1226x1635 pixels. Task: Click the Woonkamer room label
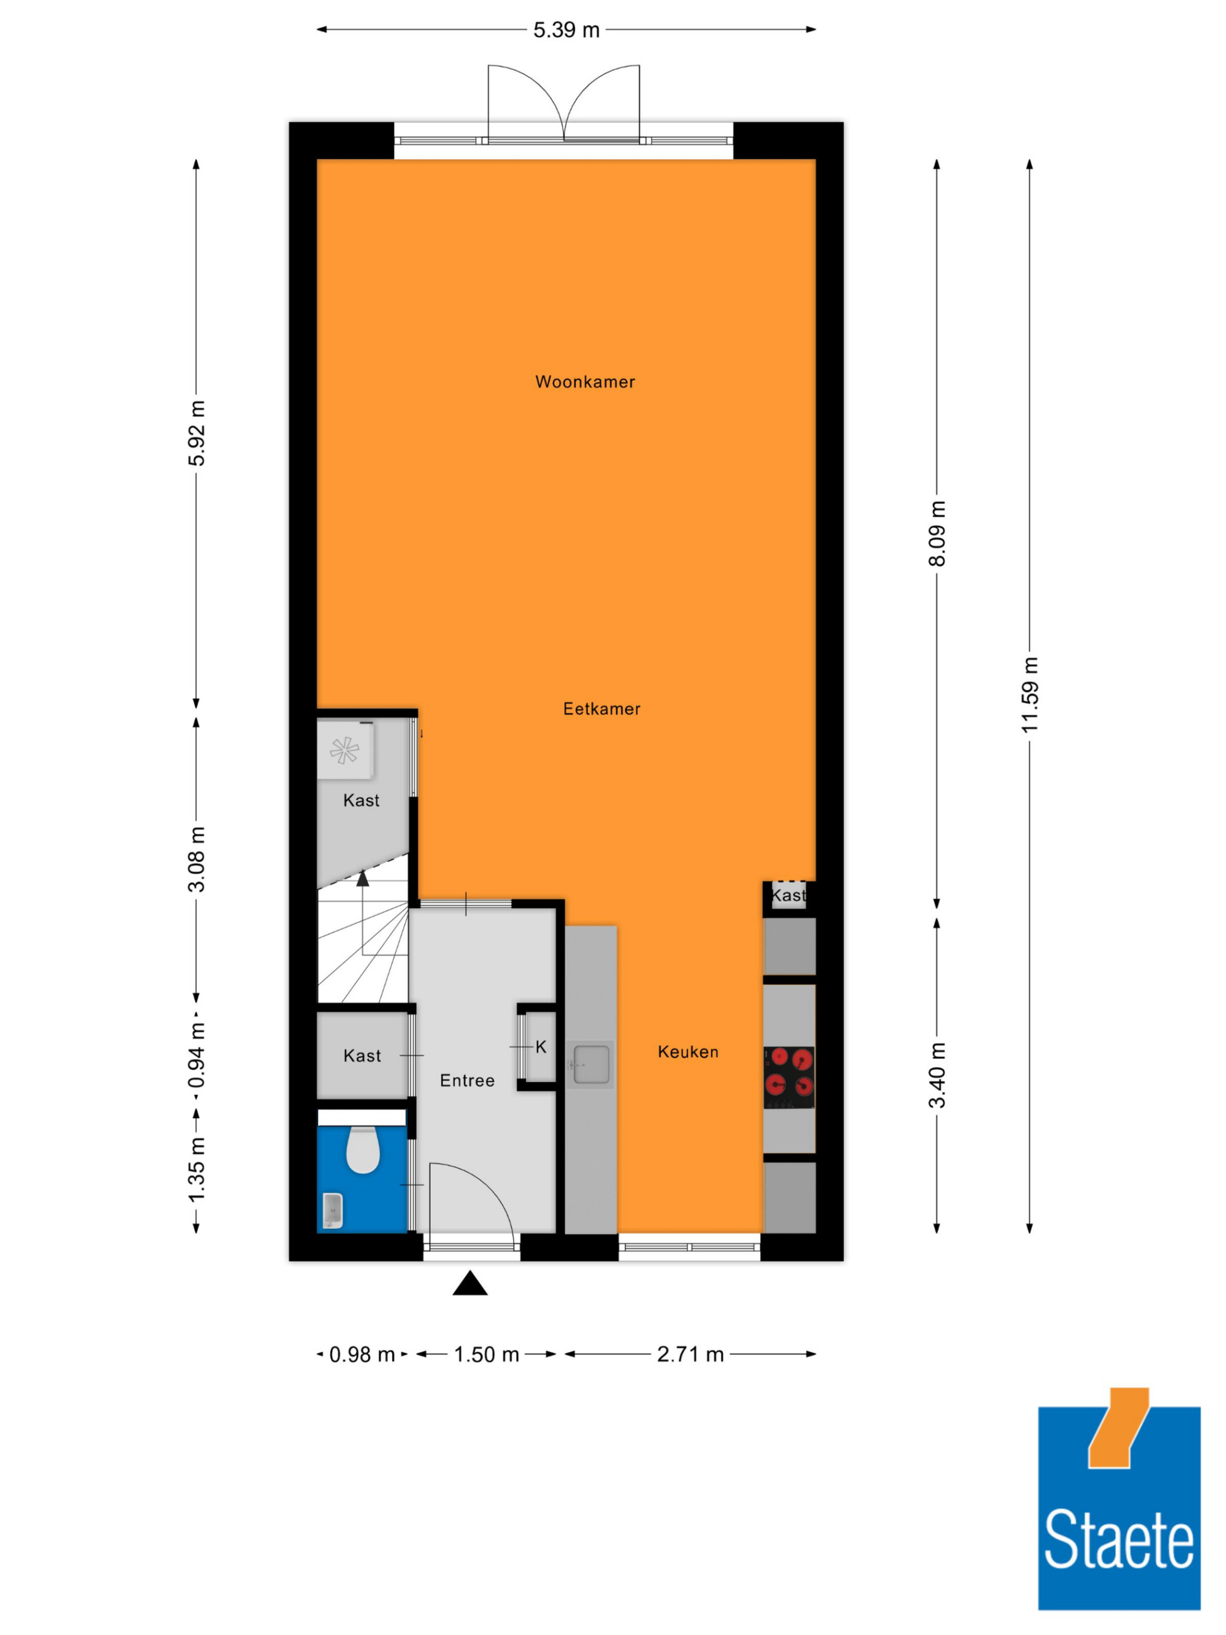[x=585, y=382]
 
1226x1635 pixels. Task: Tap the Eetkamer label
[x=601, y=709]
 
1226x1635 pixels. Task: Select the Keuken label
[x=688, y=1052]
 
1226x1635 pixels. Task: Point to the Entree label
[x=467, y=1081]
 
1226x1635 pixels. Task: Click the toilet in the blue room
[x=363, y=1149]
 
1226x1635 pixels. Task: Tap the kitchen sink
[x=590, y=1064]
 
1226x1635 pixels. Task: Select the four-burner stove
[x=788, y=1077]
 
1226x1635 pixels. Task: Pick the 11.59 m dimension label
[x=1029, y=695]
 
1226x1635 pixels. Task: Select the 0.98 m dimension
[x=362, y=1355]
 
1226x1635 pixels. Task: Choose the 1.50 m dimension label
[x=486, y=1355]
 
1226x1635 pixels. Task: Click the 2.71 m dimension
[x=690, y=1355]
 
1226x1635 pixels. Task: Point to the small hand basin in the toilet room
[x=333, y=1211]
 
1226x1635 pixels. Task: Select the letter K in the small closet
[x=541, y=1046]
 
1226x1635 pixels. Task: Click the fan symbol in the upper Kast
[x=345, y=751]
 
